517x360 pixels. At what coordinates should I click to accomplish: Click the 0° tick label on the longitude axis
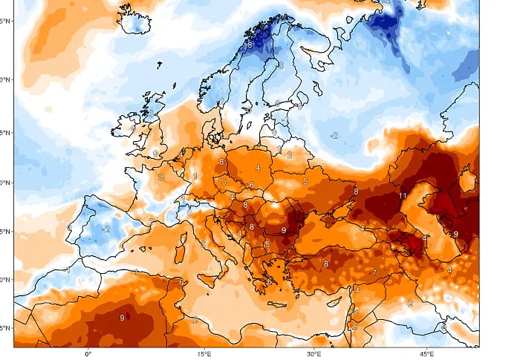(x=88, y=354)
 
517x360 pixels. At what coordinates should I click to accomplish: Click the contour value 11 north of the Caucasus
(x=402, y=195)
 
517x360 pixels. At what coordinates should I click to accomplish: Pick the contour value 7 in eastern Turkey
(x=374, y=273)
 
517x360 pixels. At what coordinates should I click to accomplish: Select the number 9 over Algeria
(x=123, y=318)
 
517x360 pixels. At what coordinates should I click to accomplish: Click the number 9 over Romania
(x=284, y=231)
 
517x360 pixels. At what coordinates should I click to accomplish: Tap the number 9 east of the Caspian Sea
(x=456, y=234)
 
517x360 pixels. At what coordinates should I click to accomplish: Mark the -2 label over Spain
(x=105, y=229)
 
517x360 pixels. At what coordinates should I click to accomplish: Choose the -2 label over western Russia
(x=334, y=135)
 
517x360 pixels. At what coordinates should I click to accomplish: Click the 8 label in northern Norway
(x=250, y=45)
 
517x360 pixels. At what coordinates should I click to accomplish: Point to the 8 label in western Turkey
(x=325, y=264)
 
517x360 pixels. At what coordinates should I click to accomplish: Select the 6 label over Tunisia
(x=181, y=282)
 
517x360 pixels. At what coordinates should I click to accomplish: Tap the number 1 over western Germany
(x=195, y=177)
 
